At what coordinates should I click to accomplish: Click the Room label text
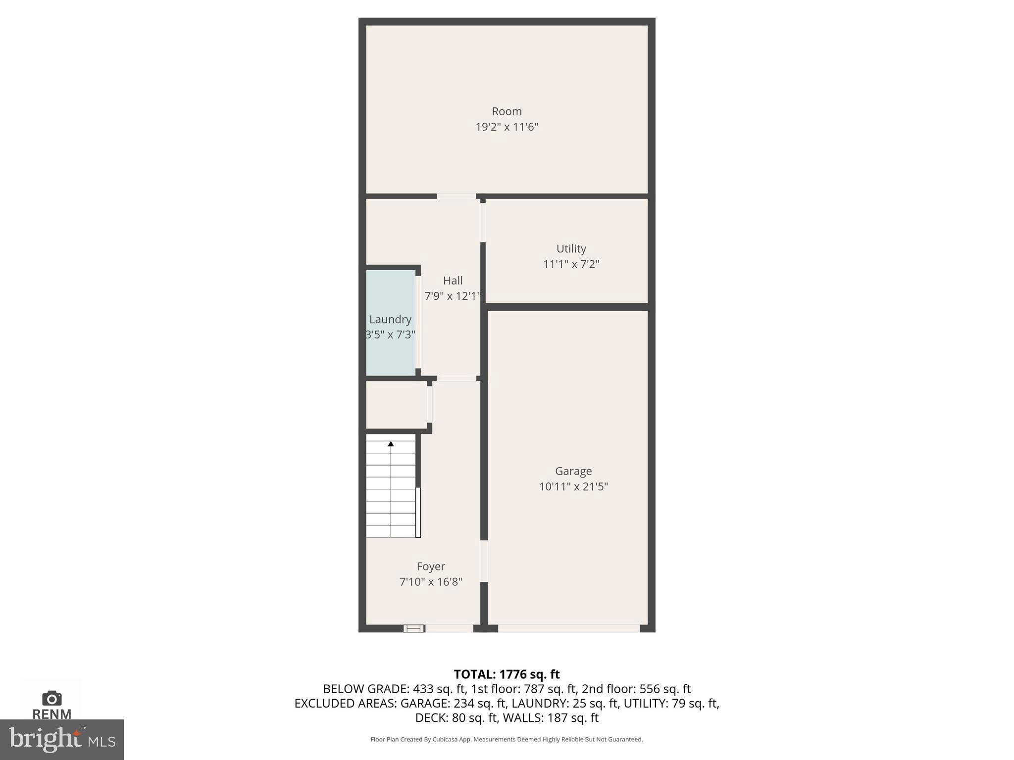pyautogui.click(x=507, y=111)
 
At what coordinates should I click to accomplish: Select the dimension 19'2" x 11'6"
pyautogui.click(x=507, y=127)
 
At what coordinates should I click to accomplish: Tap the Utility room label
pyautogui.click(x=571, y=248)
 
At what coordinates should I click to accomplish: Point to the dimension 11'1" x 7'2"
pyautogui.click(x=571, y=264)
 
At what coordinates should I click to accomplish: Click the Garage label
pyautogui.click(x=573, y=471)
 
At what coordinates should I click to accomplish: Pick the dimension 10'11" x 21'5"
pyautogui.click(x=573, y=486)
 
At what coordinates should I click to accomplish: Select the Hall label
pyautogui.click(x=453, y=281)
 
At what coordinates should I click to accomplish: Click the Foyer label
pyautogui.click(x=430, y=566)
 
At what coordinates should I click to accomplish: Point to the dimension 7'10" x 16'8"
pyautogui.click(x=430, y=582)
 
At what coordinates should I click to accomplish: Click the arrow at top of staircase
pyautogui.click(x=391, y=444)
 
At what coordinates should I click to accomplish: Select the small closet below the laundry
pyautogui.click(x=396, y=404)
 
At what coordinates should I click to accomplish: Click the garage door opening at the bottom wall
pyautogui.click(x=568, y=628)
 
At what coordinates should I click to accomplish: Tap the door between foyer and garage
pyautogui.click(x=484, y=561)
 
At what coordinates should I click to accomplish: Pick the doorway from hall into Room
pyautogui.click(x=456, y=196)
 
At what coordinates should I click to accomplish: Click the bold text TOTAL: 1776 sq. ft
pyautogui.click(x=507, y=674)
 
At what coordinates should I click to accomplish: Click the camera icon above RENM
pyautogui.click(x=51, y=698)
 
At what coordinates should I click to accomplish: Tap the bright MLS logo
pyautogui.click(x=61, y=739)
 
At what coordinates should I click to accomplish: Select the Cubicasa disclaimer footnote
pyautogui.click(x=507, y=739)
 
